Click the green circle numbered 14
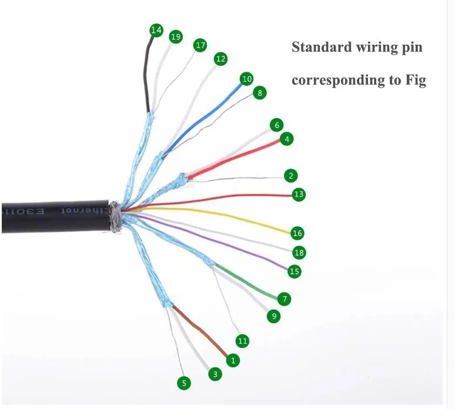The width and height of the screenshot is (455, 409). tap(156, 30)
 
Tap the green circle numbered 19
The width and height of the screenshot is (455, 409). tap(175, 36)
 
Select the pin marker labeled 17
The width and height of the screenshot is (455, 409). tap(200, 45)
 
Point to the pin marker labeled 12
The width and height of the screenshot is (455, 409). tap(220, 59)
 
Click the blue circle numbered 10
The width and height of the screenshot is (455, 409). tap(247, 79)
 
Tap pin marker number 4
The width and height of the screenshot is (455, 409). tap(286, 139)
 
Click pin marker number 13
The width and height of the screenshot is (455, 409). tap(299, 194)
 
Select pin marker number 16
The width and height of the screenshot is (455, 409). tap(297, 233)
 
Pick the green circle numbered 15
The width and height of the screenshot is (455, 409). tap(295, 271)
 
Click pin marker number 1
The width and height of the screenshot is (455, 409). tap(233, 360)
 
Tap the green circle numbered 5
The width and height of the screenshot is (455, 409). tap(184, 383)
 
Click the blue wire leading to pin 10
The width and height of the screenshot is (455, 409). tap(200, 118)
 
